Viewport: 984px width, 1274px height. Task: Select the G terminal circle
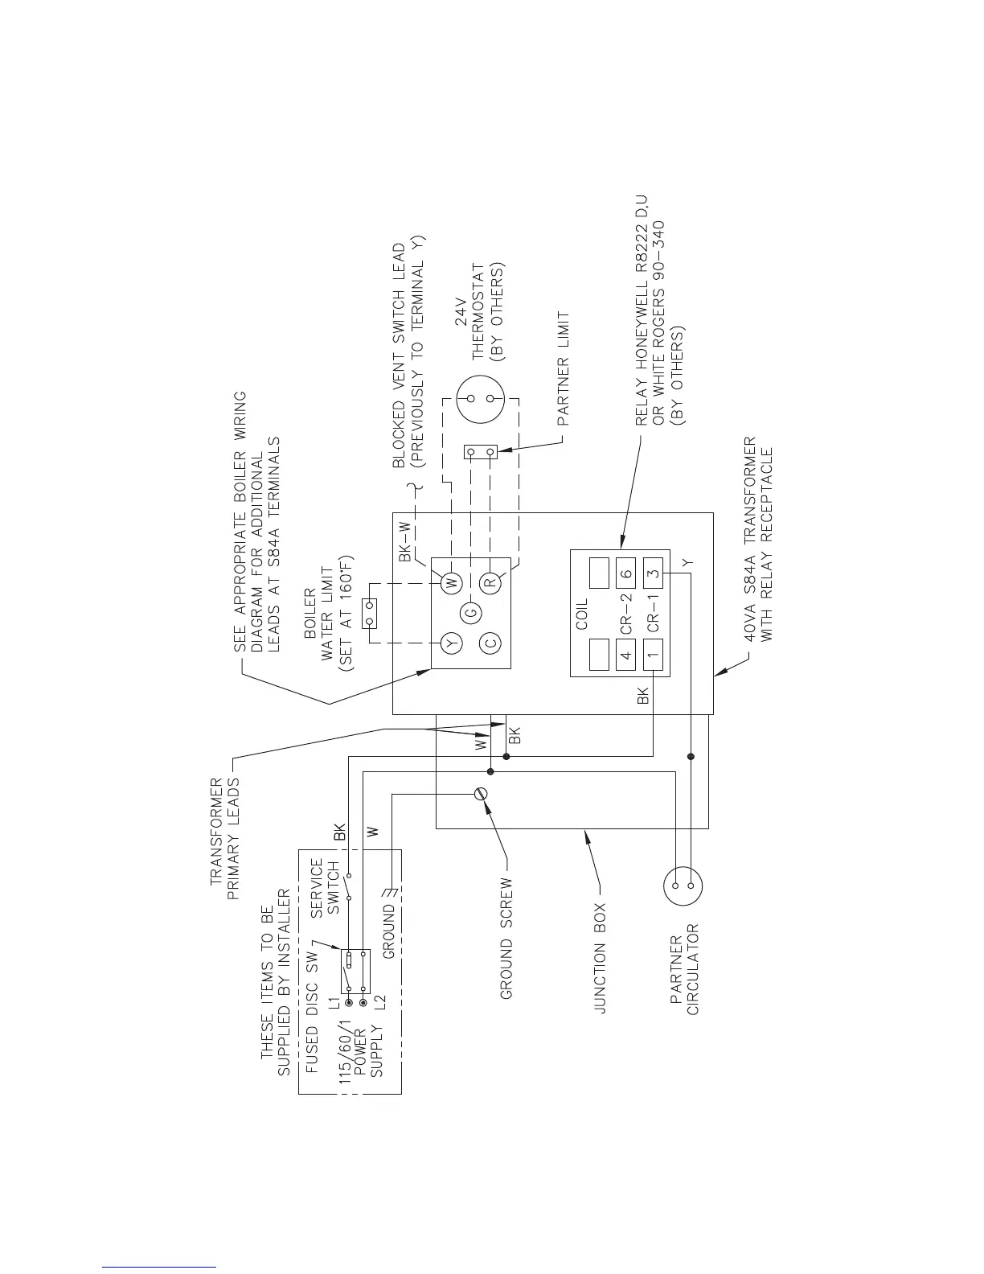pos(471,613)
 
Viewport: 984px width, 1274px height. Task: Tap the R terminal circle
pos(491,582)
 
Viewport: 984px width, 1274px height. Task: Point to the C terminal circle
pos(491,643)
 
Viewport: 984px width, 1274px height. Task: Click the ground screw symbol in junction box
pos(482,794)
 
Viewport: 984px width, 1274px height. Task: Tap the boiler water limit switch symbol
pos(370,614)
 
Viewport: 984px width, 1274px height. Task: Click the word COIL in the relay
pos(582,613)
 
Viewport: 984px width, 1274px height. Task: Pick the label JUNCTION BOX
pos(600,957)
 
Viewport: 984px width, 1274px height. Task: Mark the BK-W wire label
pos(405,541)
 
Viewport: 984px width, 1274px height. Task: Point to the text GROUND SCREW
pos(506,939)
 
